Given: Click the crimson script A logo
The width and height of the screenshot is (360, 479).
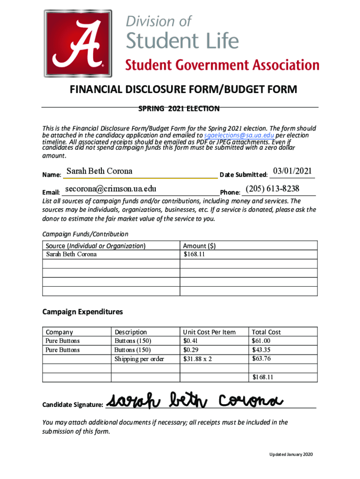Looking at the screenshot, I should tap(78, 44).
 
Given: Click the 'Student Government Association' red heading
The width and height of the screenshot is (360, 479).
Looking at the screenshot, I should tap(222, 65).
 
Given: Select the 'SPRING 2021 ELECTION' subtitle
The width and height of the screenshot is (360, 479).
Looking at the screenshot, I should tap(179, 109).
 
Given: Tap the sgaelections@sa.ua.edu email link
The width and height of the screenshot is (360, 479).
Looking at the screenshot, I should tap(239, 135).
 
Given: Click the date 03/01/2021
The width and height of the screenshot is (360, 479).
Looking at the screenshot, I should tap(292, 171).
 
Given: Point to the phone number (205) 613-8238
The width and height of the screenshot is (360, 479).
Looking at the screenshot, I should tap(272, 189).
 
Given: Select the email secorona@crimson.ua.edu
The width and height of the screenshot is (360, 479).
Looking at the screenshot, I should tap(110, 189).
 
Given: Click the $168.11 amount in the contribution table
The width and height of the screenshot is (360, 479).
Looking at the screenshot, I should tap(194, 254).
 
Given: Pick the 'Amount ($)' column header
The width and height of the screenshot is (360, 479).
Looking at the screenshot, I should tap(199, 246).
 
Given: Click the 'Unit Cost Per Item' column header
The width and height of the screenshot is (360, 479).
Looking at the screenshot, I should tap(209, 332).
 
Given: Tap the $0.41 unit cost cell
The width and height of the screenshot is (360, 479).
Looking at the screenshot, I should tap(190, 341).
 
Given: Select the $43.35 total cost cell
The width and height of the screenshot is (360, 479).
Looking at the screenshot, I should tap(261, 350).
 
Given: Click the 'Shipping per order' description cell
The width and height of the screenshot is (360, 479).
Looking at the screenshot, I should tap(139, 359).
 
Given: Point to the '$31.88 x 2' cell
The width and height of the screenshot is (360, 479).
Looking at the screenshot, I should tap(197, 359).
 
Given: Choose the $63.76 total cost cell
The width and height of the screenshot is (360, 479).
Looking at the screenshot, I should tap(261, 359).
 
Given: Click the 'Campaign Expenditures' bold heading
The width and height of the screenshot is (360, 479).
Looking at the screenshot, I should tap(82, 312).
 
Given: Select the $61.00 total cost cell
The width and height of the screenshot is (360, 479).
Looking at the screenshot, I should tap(261, 341).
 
